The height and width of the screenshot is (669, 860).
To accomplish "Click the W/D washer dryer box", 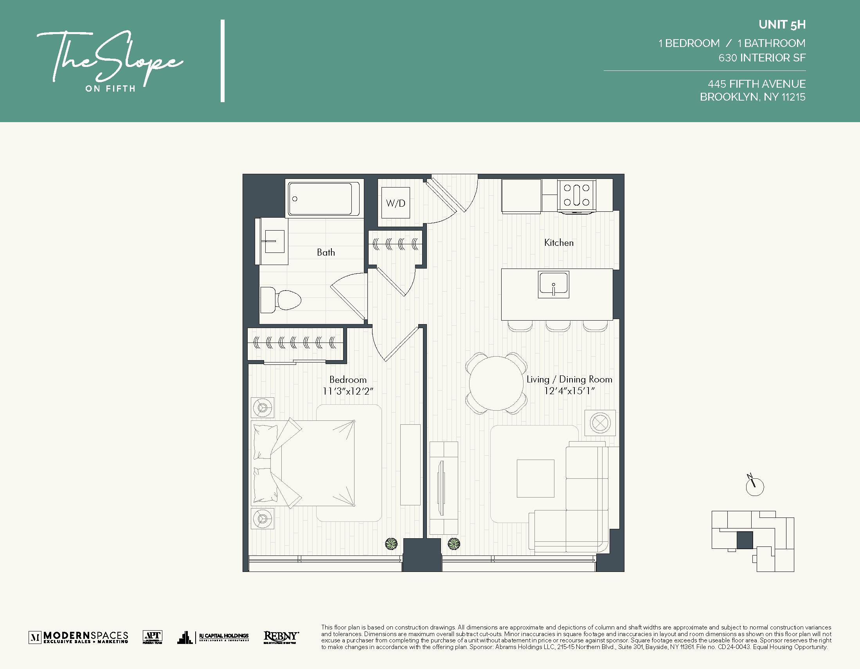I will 395,203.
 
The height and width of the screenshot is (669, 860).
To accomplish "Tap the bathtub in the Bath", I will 323,198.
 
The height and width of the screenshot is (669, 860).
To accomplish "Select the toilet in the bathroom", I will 281,300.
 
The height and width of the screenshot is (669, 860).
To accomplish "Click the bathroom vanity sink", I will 274,241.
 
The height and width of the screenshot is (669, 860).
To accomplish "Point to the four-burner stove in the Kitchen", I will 576,196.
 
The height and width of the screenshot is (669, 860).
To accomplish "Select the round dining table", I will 496,383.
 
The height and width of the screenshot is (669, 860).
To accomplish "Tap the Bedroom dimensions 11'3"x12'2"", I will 348,391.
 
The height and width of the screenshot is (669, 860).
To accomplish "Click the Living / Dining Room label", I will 569,379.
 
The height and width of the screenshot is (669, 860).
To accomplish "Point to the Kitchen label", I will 558,243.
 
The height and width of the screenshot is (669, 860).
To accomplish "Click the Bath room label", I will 326,252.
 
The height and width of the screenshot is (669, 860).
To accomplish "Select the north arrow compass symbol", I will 754,486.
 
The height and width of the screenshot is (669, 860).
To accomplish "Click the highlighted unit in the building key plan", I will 744,540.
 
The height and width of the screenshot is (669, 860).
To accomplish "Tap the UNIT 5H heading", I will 782,25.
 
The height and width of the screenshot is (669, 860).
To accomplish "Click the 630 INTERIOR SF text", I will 761,58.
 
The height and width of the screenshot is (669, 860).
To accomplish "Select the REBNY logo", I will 281,637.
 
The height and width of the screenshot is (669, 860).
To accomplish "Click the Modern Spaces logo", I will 78,637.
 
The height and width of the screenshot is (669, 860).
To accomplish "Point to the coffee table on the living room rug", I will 535,478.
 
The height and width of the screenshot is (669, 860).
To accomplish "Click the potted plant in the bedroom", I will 390,544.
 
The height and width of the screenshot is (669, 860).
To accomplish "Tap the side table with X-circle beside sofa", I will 600,423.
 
